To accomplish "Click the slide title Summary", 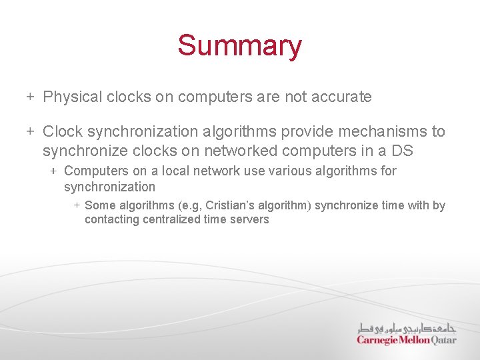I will (x=239, y=46).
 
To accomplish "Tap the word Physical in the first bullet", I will (x=71, y=97).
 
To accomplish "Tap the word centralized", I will (x=170, y=219).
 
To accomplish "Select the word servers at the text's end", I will (x=249, y=219).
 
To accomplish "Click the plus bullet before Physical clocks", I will (x=30, y=97).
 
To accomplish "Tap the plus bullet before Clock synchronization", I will (x=30, y=132).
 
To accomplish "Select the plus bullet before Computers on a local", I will (x=53, y=171).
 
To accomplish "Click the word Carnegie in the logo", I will (x=377, y=340).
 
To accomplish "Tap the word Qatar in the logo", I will (x=444, y=340).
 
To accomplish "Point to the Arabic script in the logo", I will (x=407, y=328).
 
